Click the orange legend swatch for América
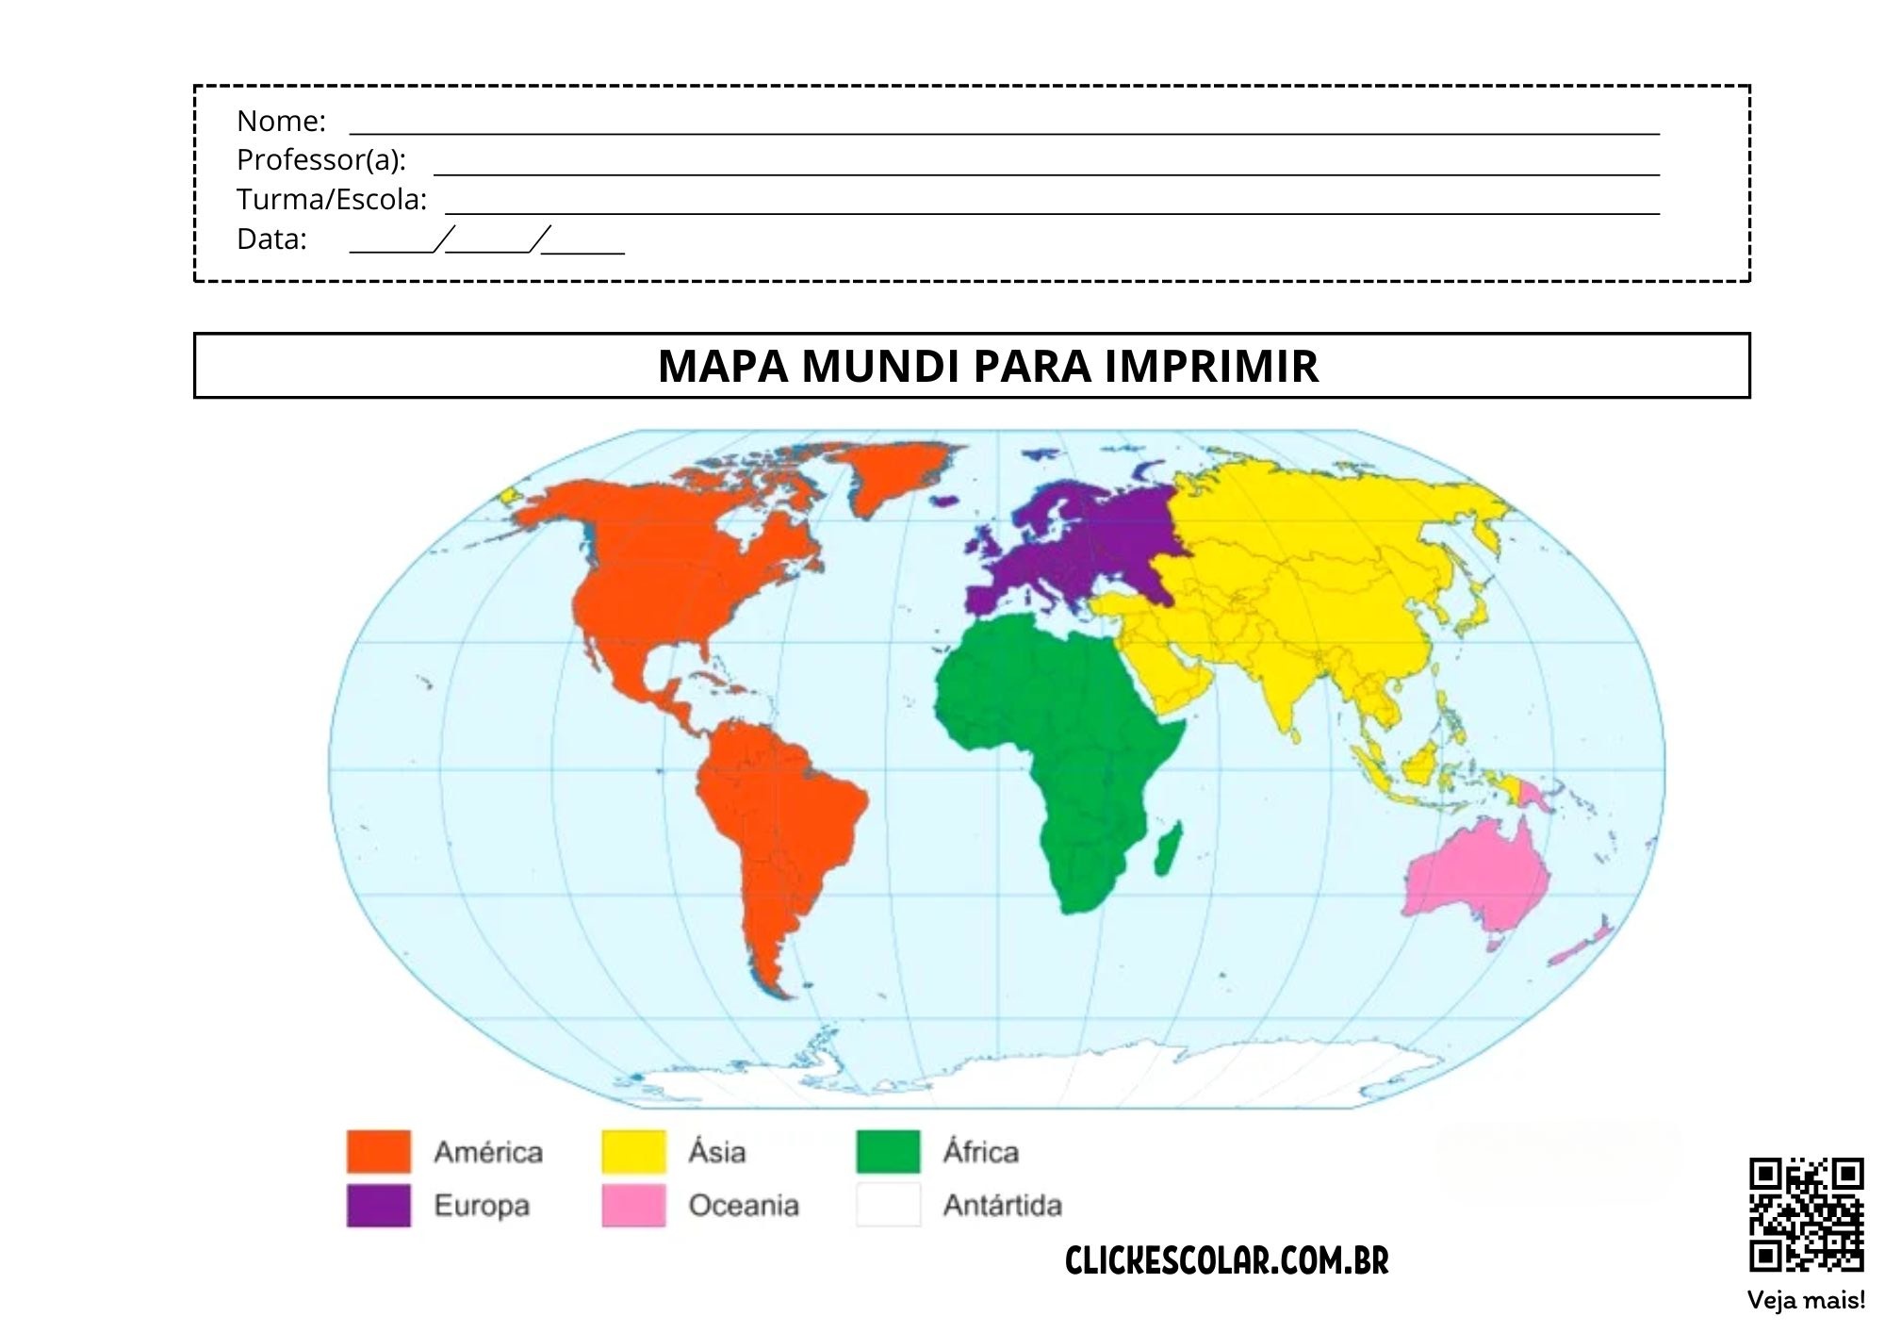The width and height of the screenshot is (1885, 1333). (379, 1151)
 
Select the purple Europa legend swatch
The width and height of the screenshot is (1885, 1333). (379, 1205)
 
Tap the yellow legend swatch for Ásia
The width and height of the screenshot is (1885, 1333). (633, 1151)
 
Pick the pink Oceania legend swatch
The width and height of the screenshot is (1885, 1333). (633, 1205)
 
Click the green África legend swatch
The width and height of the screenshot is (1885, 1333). (888, 1151)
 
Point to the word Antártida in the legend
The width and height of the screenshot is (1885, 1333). (1002, 1205)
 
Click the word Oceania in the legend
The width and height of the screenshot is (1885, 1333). (744, 1205)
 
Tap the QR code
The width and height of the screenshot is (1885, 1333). (1806, 1214)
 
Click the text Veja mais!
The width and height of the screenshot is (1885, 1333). (1806, 1300)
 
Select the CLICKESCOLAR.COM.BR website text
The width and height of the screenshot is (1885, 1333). (1226, 1260)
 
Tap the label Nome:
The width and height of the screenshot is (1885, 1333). (281, 121)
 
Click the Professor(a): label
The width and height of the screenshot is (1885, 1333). (321, 160)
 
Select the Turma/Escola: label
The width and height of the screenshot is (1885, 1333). (332, 200)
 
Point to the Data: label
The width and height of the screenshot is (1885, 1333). (271, 239)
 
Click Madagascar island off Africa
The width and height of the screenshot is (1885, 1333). (1169, 848)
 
